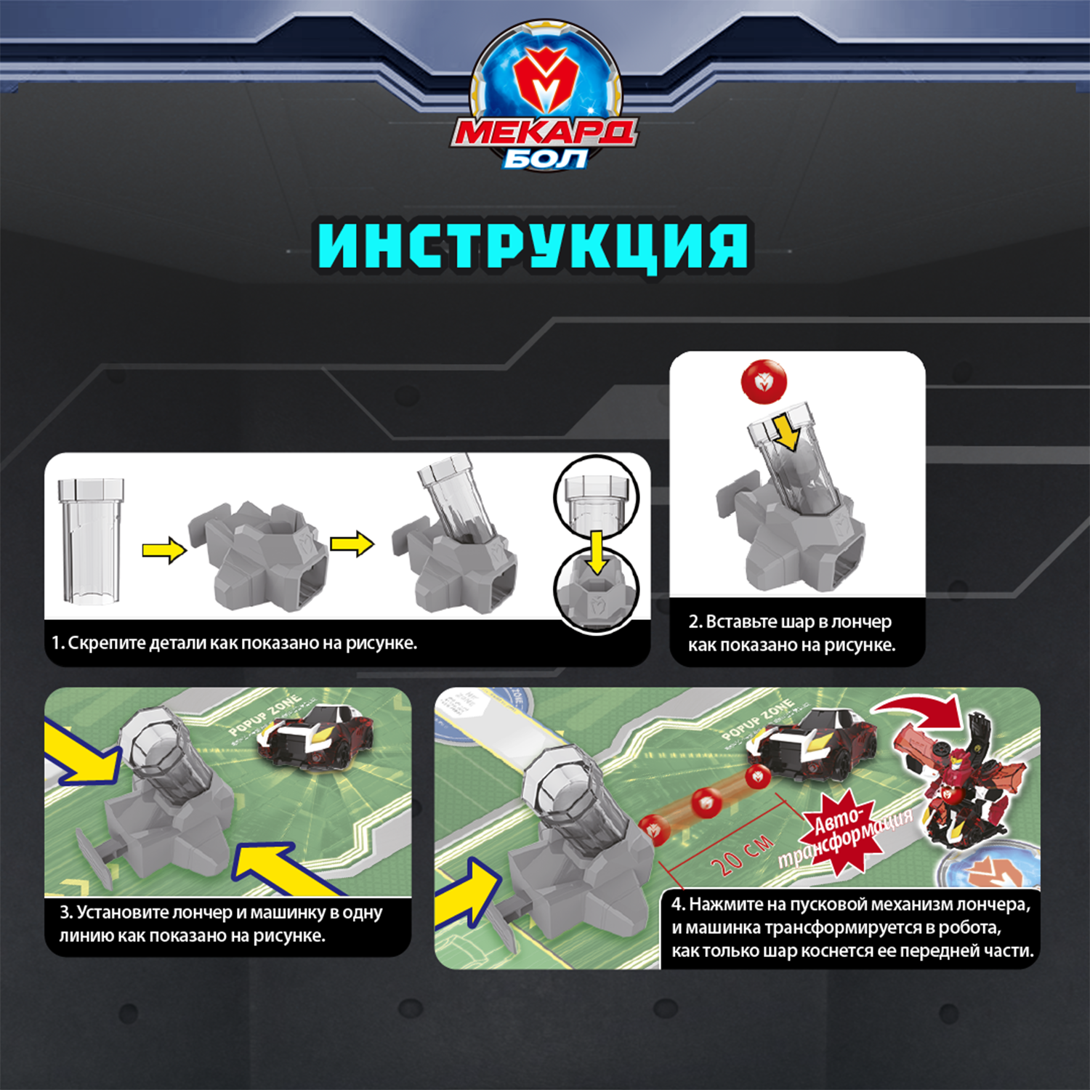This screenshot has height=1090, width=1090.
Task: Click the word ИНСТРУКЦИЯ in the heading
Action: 533,246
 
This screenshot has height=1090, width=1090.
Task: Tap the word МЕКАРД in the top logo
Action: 544,133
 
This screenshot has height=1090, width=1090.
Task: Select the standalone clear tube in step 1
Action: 91,541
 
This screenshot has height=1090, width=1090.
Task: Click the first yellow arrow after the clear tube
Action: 163,550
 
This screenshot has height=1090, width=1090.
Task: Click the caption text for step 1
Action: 234,643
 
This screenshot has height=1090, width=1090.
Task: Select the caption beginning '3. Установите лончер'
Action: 221,924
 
